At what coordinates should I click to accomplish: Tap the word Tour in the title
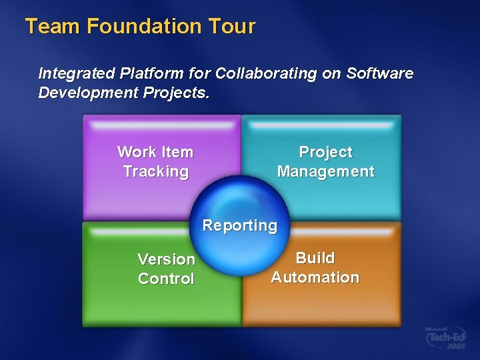tap(231, 27)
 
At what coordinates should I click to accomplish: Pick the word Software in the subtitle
tap(380, 73)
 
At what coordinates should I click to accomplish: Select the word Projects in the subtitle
tap(176, 93)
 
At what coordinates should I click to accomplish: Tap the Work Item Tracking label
tap(155, 162)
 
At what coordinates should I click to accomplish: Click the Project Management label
tap(325, 162)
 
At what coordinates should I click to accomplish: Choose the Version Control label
tap(166, 269)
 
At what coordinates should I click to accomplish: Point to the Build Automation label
tap(315, 267)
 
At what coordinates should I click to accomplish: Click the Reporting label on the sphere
tap(240, 225)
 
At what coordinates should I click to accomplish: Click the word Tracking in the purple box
tap(155, 172)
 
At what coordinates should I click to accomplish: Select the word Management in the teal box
tap(325, 172)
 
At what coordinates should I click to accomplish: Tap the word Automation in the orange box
tap(315, 277)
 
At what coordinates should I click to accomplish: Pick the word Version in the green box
tap(166, 259)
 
